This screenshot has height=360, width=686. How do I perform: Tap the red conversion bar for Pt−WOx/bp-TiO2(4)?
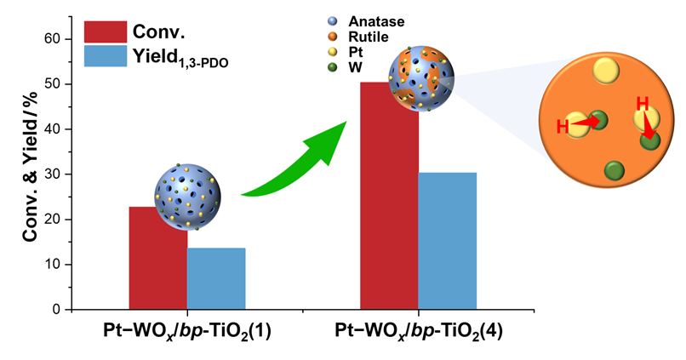click(x=390, y=213)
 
